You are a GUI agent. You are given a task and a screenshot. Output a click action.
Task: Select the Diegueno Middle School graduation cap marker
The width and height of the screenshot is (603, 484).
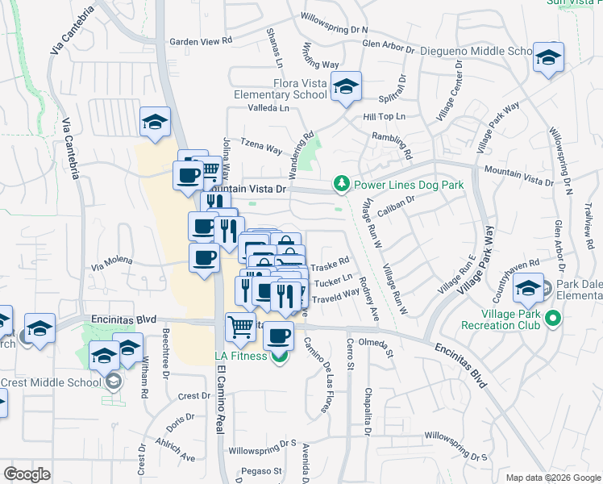548,57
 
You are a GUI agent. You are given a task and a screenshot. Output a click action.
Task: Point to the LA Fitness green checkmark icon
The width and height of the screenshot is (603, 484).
279,356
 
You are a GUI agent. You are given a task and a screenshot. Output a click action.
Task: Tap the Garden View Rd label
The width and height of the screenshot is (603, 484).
200,40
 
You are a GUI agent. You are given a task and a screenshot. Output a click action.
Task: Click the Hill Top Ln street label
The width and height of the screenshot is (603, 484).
385,117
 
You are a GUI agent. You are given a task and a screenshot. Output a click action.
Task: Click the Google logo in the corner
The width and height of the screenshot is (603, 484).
27,474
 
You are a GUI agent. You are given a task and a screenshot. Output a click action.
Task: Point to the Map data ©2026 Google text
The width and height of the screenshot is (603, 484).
552,478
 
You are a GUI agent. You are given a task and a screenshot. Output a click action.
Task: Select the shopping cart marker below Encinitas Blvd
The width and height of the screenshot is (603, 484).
241,328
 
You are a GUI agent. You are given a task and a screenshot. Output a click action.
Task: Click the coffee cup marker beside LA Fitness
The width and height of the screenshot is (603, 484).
279,336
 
